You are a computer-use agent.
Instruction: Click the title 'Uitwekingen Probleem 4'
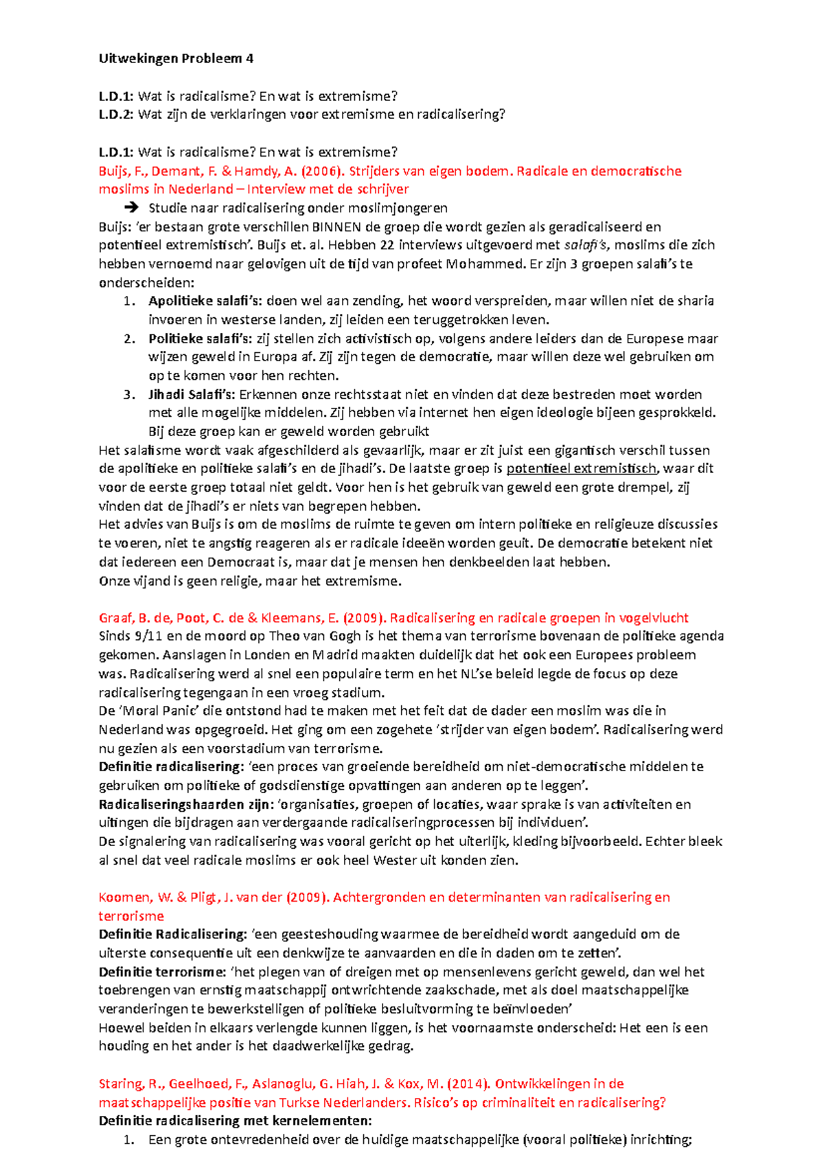(x=176, y=58)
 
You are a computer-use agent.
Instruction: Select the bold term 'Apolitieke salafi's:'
(x=205, y=301)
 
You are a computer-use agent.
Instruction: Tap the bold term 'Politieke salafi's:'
(x=201, y=339)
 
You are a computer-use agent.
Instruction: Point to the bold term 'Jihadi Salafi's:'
(x=192, y=395)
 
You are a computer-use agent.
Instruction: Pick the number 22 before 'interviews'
(x=387, y=246)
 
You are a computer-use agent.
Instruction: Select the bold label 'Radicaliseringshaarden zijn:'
(x=186, y=804)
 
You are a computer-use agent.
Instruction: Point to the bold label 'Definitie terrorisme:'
(x=162, y=972)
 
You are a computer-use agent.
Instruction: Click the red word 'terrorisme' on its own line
(x=131, y=916)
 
